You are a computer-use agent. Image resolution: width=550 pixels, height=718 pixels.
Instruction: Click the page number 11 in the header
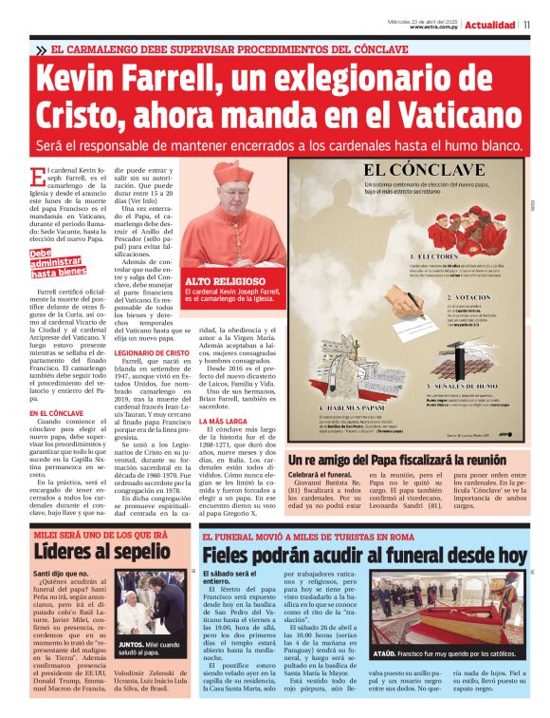tap(526, 25)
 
